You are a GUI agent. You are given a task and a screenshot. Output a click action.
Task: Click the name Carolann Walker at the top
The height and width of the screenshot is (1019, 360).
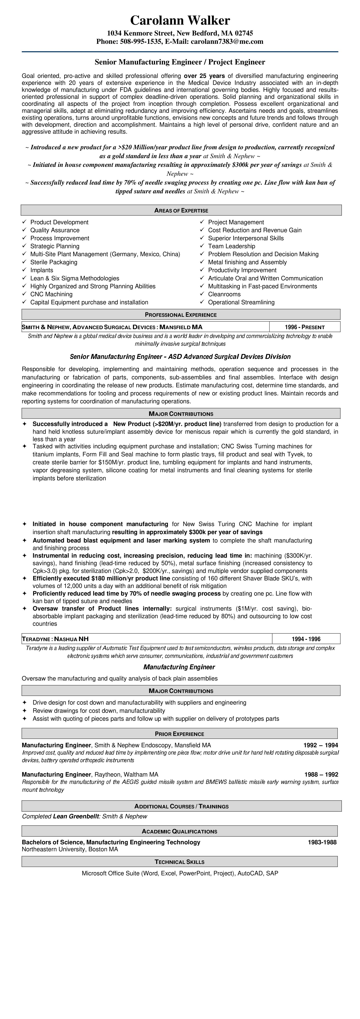coord(180,20)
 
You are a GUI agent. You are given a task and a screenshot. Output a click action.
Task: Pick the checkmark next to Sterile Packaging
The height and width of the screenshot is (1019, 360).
coord(25,262)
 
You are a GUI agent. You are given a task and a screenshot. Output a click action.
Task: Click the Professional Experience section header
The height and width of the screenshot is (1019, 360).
coord(181,315)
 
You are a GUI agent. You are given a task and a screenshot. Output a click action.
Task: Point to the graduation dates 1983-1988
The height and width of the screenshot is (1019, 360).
coord(322,842)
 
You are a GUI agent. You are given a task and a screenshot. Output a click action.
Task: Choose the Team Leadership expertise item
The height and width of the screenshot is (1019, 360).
coord(232,246)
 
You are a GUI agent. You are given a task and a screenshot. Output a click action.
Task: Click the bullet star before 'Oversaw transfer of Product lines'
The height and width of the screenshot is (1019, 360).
coord(25,609)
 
